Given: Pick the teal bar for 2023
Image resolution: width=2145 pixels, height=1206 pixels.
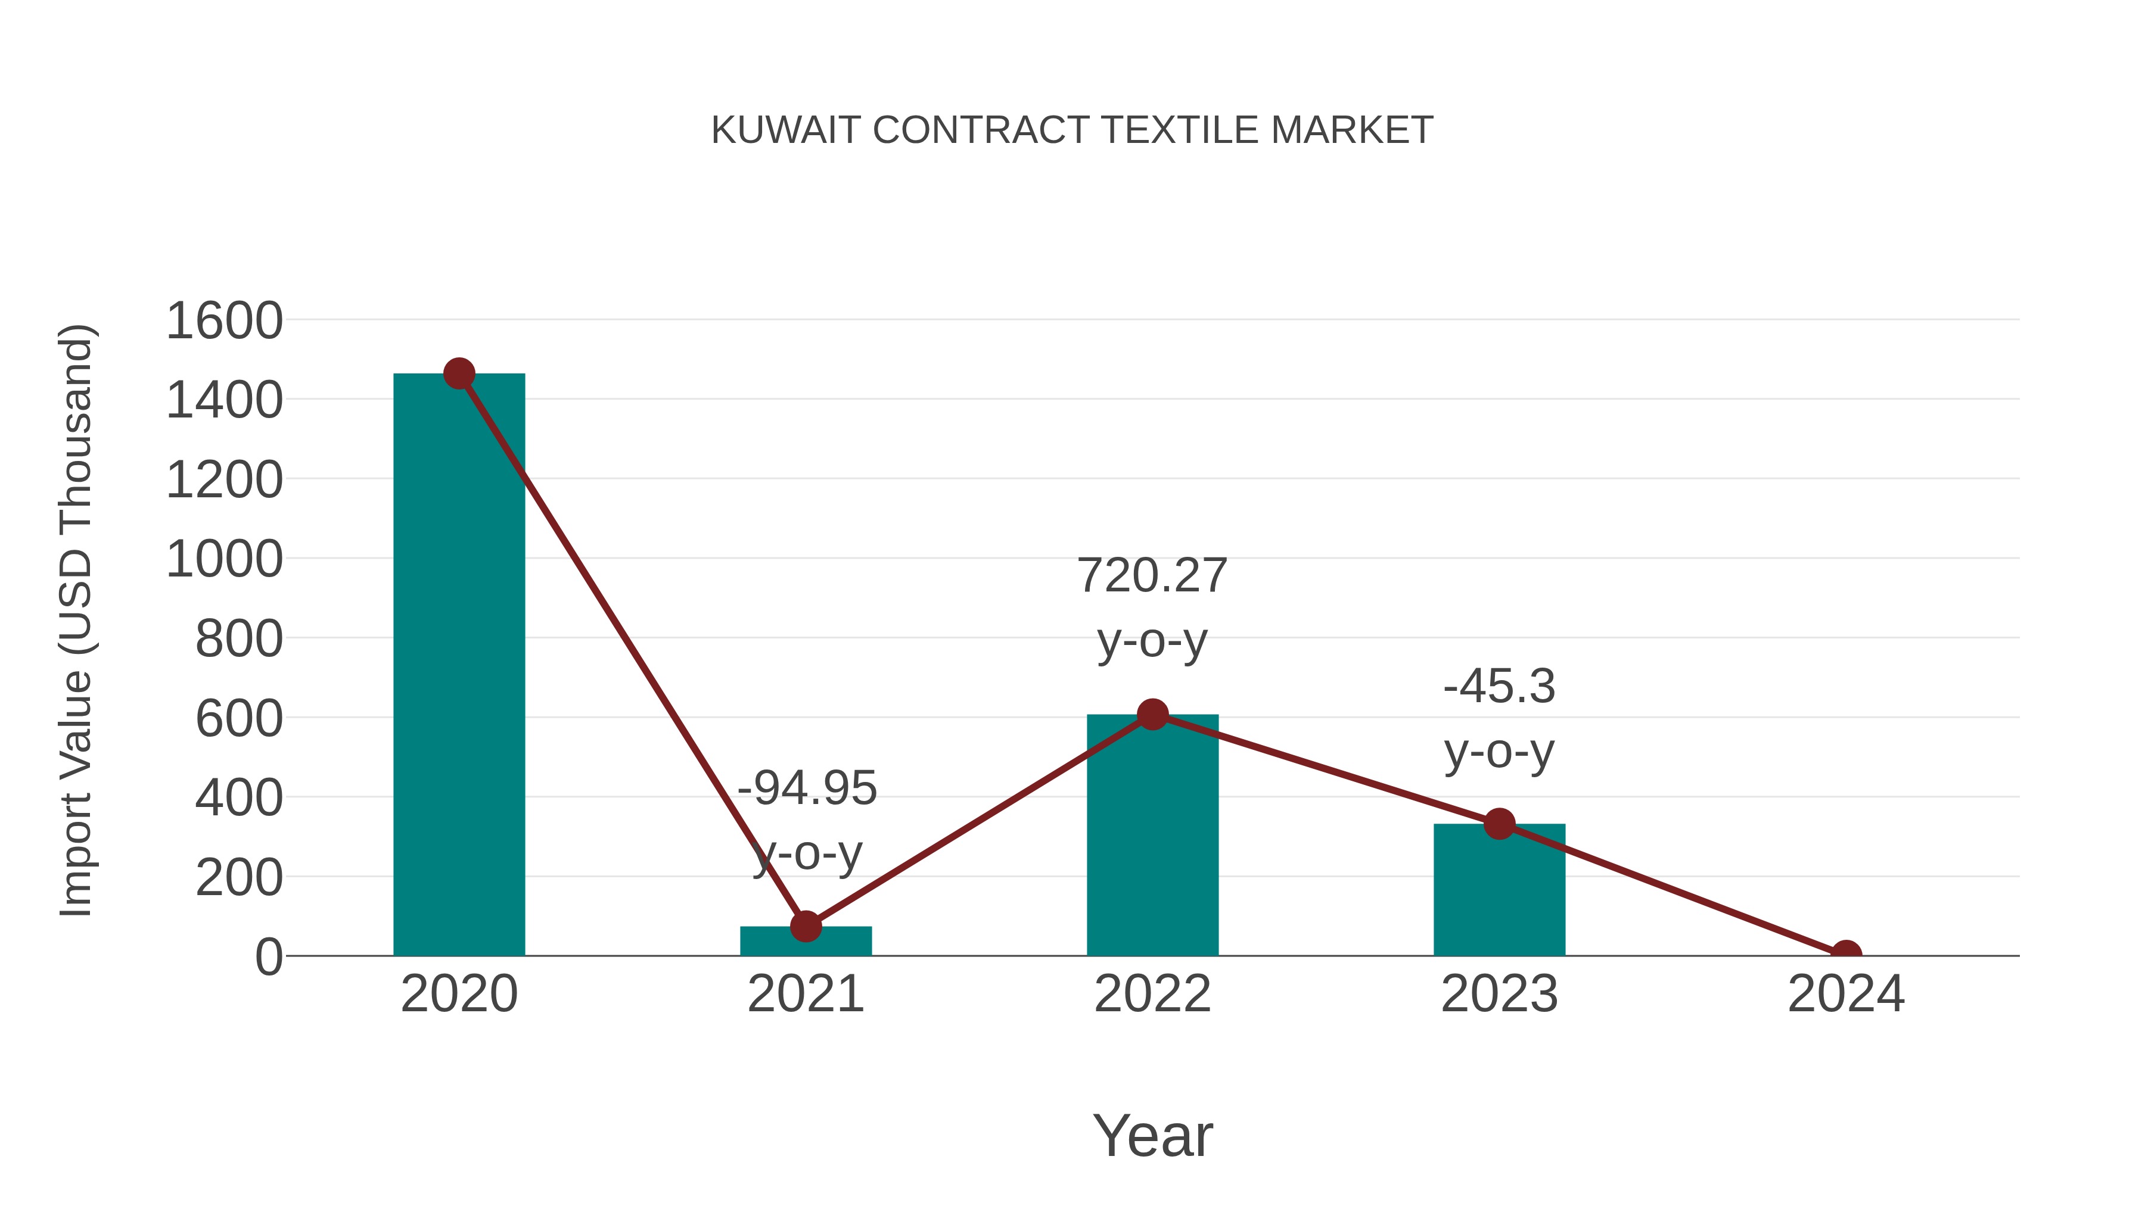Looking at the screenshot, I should [1499, 890].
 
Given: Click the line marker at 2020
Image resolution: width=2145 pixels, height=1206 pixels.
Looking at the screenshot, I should [459, 373].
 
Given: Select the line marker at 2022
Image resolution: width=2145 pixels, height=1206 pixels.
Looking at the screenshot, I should [1152, 714].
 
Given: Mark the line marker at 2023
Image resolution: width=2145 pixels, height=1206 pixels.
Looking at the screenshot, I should [1499, 824].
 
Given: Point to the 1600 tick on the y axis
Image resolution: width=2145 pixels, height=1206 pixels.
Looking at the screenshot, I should [224, 321].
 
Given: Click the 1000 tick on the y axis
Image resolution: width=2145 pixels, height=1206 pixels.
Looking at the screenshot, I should [224, 559].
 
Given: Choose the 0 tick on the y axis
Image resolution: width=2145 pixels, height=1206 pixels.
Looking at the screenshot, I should [268, 957].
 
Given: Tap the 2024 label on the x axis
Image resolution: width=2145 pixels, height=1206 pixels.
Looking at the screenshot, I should [1846, 994].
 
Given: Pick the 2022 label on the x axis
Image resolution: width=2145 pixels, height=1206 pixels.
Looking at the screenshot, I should [1152, 994].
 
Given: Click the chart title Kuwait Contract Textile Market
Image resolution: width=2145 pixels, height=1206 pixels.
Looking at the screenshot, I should [1072, 130].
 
